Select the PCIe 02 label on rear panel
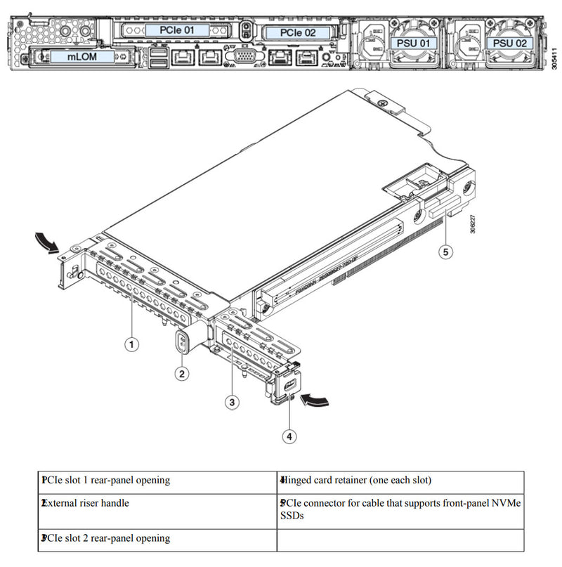pyautogui.click(x=298, y=33)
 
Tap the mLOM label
pyautogui.click(x=82, y=56)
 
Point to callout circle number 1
pyautogui.click(x=131, y=344)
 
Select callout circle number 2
pyautogui.click(x=182, y=374)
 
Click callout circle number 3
pyautogui.click(x=233, y=402)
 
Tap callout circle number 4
pyautogui.click(x=289, y=436)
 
